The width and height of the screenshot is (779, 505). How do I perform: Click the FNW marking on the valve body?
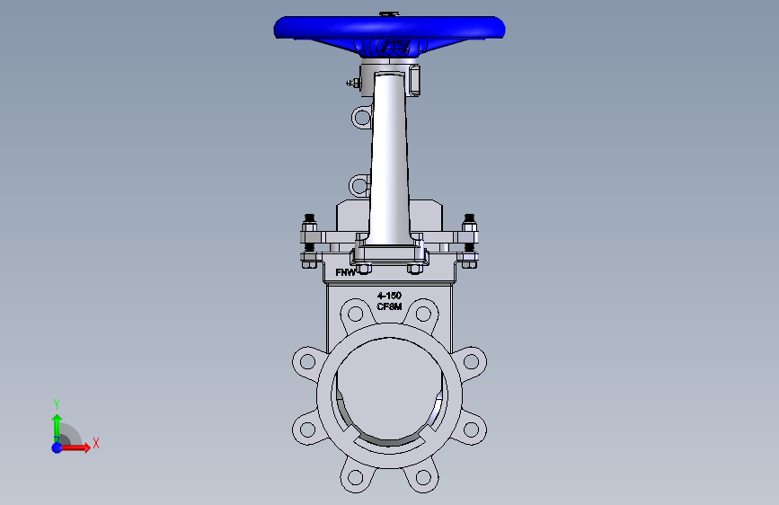345,272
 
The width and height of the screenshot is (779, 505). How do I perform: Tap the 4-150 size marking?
389,296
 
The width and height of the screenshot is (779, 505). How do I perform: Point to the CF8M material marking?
389,306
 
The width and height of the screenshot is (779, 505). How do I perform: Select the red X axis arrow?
75,447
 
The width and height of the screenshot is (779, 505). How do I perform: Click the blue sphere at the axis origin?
58,447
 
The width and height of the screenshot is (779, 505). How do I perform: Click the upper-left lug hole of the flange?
355,314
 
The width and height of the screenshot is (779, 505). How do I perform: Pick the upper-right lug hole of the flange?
423,314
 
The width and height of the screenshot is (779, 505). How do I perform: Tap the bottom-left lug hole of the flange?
355,478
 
